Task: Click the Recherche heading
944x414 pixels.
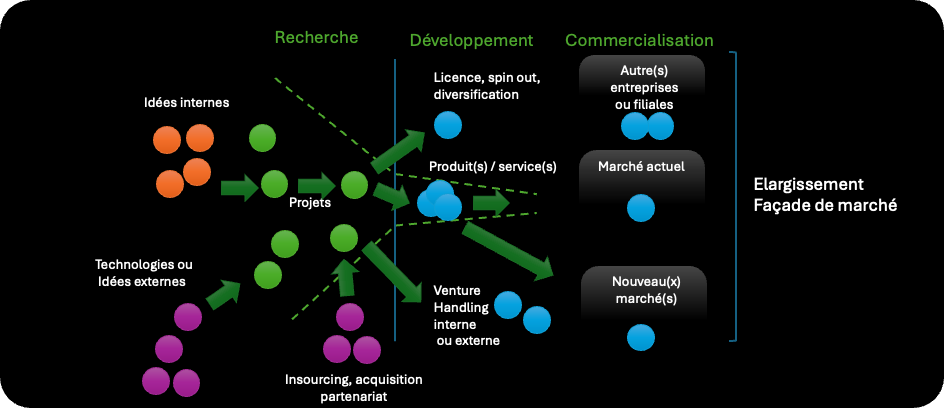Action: (x=316, y=38)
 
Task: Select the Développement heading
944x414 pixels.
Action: (x=471, y=41)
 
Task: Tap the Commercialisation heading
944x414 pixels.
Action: (x=639, y=41)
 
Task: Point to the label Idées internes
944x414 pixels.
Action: (x=186, y=102)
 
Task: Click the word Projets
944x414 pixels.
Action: (x=310, y=201)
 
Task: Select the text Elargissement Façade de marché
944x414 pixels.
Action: (x=825, y=195)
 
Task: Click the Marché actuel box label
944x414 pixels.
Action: (x=640, y=166)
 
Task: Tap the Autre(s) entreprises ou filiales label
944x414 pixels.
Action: (x=642, y=87)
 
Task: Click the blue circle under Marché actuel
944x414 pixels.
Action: (x=640, y=208)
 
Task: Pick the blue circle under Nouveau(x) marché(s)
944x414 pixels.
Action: (x=641, y=338)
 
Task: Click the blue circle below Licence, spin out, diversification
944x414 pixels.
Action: (x=448, y=126)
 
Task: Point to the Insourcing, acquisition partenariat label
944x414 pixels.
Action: (x=353, y=388)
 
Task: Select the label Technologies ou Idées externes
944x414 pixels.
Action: (x=141, y=273)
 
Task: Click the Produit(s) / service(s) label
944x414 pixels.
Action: (x=492, y=166)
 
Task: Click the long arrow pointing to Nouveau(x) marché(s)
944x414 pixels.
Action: (x=507, y=250)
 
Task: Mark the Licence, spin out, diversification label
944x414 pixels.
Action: (x=487, y=86)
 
